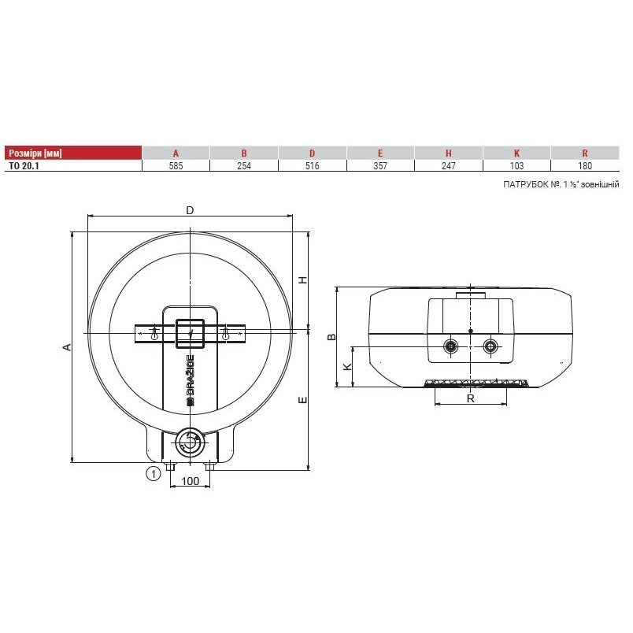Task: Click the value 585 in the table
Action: pyautogui.click(x=176, y=166)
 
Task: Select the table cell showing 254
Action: pyautogui.click(x=244, y=166)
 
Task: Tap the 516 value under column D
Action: pyautogui.click(x=313, y=166)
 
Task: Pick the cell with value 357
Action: pyautogui.click(x=380, y=166)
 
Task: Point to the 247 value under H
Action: pyautogui.click(x=449, y=166)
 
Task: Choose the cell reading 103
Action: pyautogui.click(x=516, y=166)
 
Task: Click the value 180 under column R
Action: pyautogui.click(x=585, y=166)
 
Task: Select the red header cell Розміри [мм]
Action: pyautogui.click(x=73, y=153)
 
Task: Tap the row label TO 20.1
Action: pyautogui.click(x=24, y=166)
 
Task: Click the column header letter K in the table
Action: pyautogui.click(x=516, y=154)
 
